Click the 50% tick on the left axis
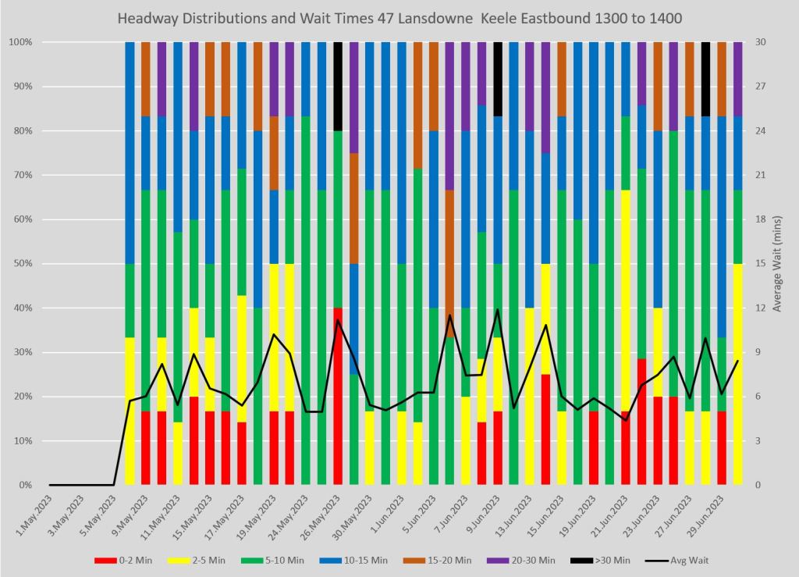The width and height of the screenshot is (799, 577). click(x=22, y=263)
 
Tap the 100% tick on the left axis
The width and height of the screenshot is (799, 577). click(x=20, y=42)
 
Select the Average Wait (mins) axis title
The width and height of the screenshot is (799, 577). click(x=777, y=263)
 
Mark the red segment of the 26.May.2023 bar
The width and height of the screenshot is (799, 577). click(x=338, y=396)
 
